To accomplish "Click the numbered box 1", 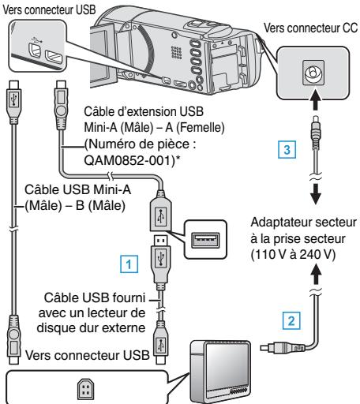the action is (x=129, y=264).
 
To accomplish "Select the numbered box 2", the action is (x=291, y=321).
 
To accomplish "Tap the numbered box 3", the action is (x=287, y=150).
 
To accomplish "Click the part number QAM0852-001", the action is (x=129, y=159).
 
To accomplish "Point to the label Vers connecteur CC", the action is (x=311, y=28).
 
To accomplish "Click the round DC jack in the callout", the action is (x=313, y=73).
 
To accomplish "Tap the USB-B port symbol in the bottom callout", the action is (x=86, y=389).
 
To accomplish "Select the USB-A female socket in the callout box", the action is (x=205, y=240).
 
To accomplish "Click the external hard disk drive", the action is (x=220, y=372).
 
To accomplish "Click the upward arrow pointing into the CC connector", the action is (x=315, y=99).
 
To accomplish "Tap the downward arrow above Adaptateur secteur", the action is (x=315, y=194).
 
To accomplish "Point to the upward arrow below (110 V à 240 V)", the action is (x=315, y=275).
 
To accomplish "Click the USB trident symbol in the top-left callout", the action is (x=36, y=40).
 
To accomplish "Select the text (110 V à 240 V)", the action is (x=293, y=254).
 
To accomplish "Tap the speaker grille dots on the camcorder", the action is (x=176, y=52).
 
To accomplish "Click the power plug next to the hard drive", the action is (x=283, y=348).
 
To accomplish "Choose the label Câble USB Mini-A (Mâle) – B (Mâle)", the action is (x=77, y=197).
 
